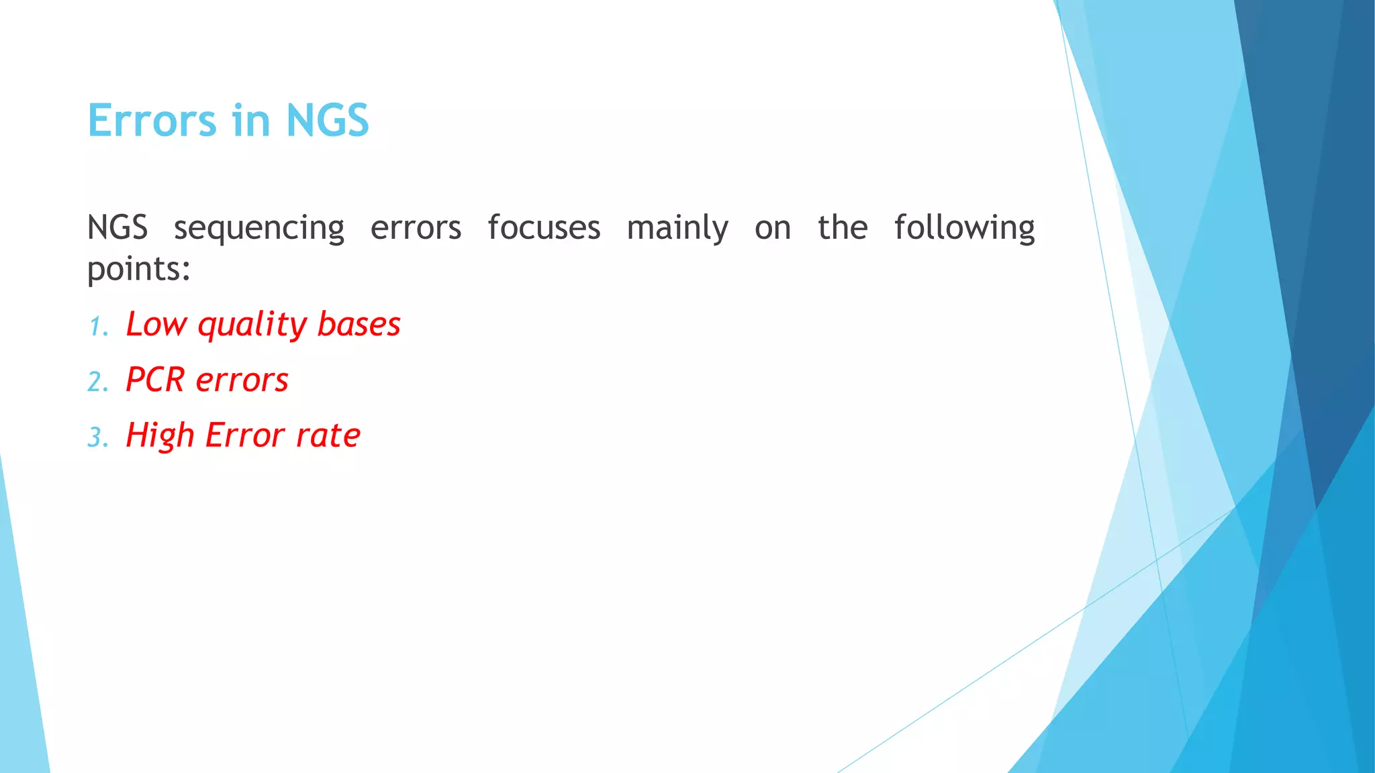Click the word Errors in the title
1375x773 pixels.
(152, 121)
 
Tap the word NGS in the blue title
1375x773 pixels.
(327, 121)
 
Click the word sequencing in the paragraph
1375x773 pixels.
(259, 228)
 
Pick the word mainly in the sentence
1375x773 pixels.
(677, 228)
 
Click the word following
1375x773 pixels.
(964, 228)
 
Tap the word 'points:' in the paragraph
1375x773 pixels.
(139, 270)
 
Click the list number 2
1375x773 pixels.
(97, 382)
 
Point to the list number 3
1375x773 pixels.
(97, 437)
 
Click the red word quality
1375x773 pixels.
(252, 325)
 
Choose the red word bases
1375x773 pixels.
(359, 324)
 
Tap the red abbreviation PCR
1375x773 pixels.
(155, 380)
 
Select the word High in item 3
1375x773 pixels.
(160, 436)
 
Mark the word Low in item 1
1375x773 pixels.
(156, 324)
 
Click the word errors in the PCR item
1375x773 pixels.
(242, 380)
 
